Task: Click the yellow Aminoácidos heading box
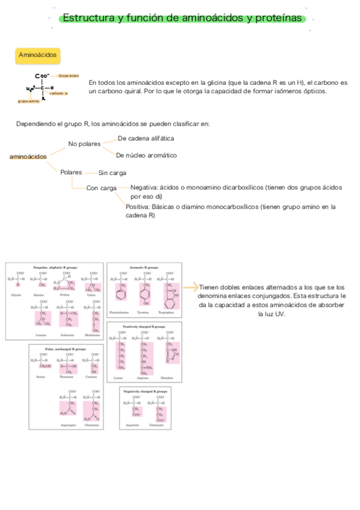click(38, 55)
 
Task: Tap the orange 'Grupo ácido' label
click(69, 76)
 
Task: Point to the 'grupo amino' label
click(28, 101)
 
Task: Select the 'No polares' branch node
click(84, 144)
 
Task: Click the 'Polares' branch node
click(71, 172)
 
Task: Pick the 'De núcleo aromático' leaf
click(146, 155)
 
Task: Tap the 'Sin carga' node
click(112, 173)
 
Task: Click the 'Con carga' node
click(101, 188)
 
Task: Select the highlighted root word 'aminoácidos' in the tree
click(28, 157)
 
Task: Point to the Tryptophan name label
click(166, 313)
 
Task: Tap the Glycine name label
click(16, 295)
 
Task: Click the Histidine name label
click(166, 378)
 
